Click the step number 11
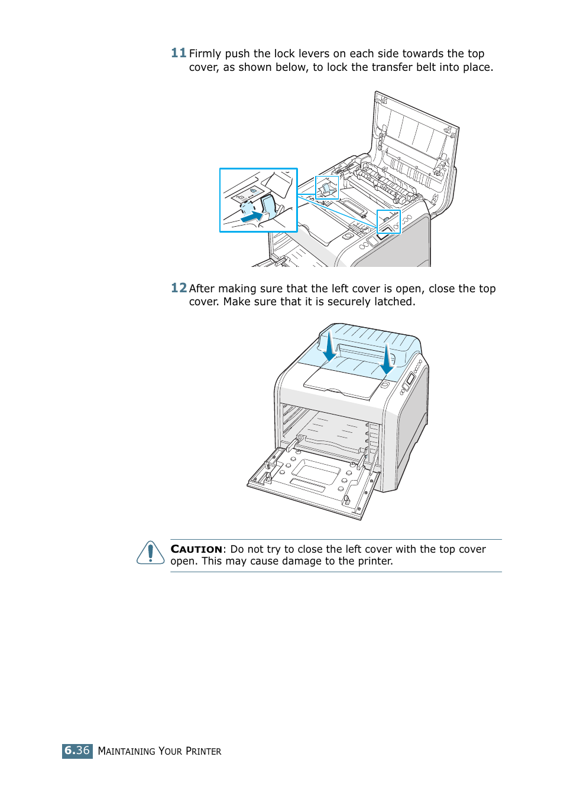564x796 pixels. click(x=179, y=53)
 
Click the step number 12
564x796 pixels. click(x=179, y=288)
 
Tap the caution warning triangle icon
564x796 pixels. click(x=150, y=553)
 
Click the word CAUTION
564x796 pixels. click(x=196, y=549)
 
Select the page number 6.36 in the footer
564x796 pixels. click(x=77, y=751)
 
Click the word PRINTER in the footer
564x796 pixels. click(x=203, y=751)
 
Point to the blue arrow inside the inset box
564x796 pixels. click(x=252, y=217)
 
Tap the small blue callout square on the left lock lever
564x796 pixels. click(x=327, y=188)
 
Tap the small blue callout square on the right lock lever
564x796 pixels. click(x=388, y=221)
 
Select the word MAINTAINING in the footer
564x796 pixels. click(x=127, y=751)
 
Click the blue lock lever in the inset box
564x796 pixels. click(x=268, y=205)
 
